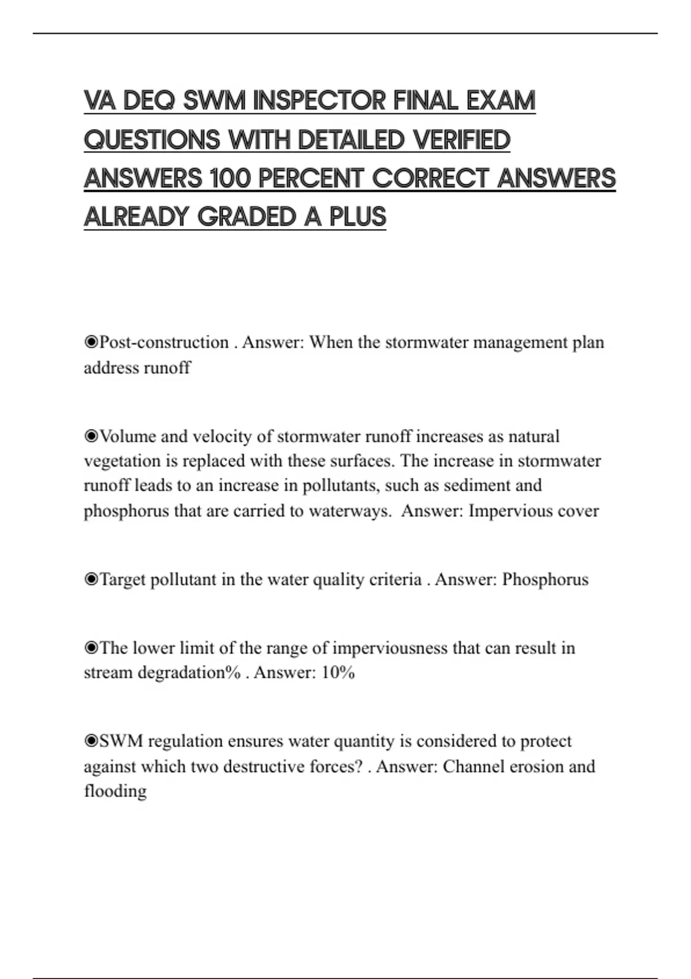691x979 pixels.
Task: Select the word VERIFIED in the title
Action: pos(461,140)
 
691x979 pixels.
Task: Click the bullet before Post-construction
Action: pos(91,342)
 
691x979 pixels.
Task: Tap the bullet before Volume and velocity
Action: pos(91,436)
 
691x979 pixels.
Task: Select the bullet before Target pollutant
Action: pos(91,579)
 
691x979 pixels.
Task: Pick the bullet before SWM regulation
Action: pos(91,741)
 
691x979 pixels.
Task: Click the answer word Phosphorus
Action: pos(545,579)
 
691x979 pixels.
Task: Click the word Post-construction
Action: pos(164,342)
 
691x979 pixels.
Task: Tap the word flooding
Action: pos(115,791)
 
